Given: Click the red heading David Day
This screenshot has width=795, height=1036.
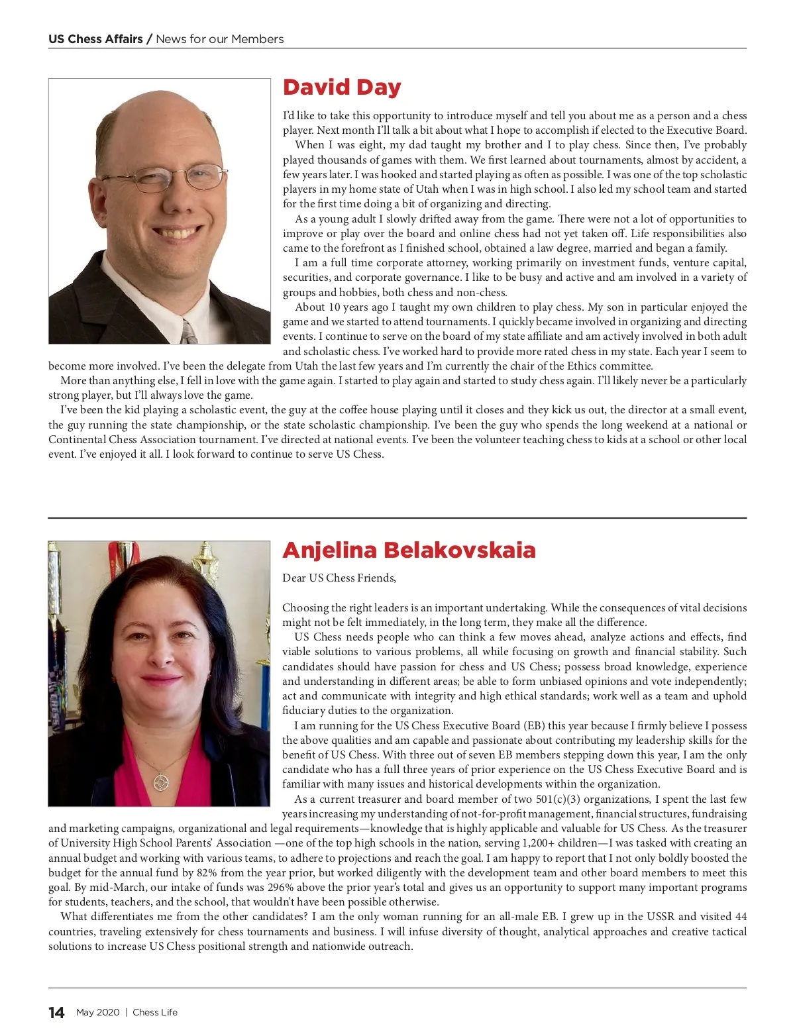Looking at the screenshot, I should pyautogui.click(x=342, y=87).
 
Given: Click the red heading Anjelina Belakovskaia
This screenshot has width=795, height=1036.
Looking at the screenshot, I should pyautogui.click(x=409, y=550).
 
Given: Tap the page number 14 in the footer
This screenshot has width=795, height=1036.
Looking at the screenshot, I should pyautogui.click(x=56, y=1012).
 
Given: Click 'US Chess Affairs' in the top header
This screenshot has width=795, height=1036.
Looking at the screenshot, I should pyautogui.click(x=95, y=39).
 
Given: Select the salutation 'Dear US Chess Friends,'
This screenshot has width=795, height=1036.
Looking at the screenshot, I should pyautogui.click(x=339, y=578).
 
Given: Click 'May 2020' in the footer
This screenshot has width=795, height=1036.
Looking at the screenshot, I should pyautogui.click(x=98, y=1012).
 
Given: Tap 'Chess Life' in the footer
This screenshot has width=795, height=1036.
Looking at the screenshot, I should pyautogui.click(x=155, y=1012).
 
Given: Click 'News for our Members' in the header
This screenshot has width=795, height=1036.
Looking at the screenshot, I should pyautogui.click(x=220, y=39).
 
